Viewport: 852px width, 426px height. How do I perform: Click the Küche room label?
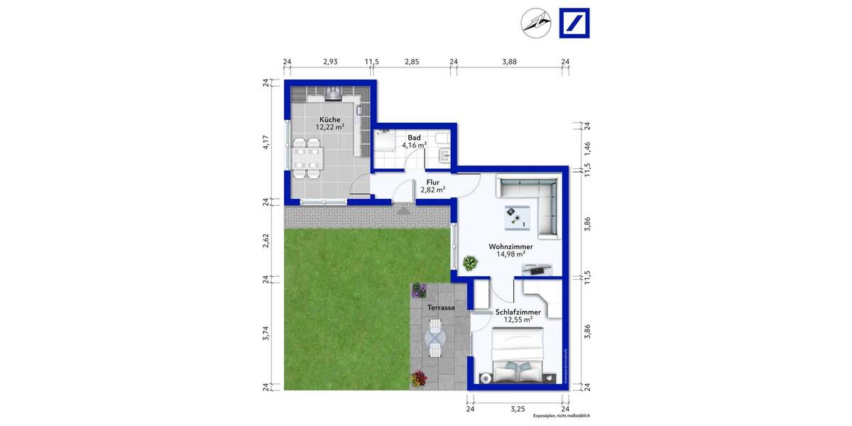(329, 119)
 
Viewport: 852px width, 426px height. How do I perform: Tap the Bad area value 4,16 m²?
(414, 146)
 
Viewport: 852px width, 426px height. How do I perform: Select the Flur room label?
(432, 182)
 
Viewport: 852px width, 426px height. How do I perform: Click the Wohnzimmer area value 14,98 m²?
(510, 254)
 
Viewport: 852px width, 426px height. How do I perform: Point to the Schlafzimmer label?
(518, 312)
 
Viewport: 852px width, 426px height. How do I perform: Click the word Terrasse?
(441, 307)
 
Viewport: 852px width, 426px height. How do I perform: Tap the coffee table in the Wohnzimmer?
(516, 217)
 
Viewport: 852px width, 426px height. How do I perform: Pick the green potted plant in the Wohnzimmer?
(469, 263)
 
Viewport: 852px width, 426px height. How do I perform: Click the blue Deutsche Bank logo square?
(574, 23)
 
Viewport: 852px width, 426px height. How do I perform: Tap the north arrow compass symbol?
(535, 23)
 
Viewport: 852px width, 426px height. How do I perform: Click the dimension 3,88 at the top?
(509, 62)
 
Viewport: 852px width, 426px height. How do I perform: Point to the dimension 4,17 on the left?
(266, 142)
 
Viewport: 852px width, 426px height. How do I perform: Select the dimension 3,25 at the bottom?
(518, 410)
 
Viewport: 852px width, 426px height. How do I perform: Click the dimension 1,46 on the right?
(587, 148)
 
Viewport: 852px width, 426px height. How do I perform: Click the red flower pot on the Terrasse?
(417, 379)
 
